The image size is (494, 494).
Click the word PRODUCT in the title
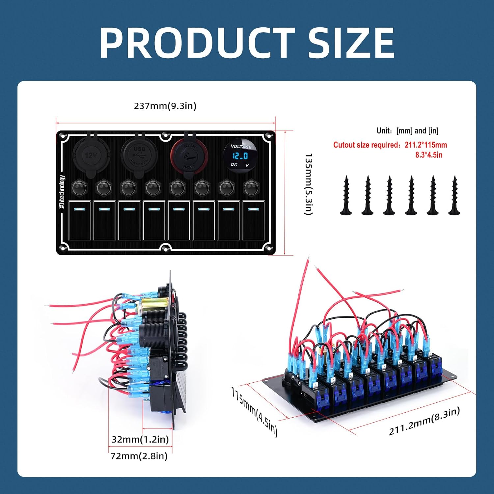(x=197, y=43)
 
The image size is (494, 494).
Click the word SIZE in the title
(x=350, y=43)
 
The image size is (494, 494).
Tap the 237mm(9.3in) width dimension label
(x=165, y=106)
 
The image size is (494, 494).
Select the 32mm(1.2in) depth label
(x=140, y=439)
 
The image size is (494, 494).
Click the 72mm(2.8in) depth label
(x=139, y=456)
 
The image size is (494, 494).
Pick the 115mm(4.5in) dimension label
(x=254, y=411)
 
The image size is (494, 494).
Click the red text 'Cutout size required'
(x=367, y=145)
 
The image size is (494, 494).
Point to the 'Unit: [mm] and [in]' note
(x=407, y=131)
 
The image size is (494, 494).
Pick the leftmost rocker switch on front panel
(x=79, y=220)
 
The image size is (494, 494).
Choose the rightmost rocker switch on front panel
(x=253, y=220)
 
